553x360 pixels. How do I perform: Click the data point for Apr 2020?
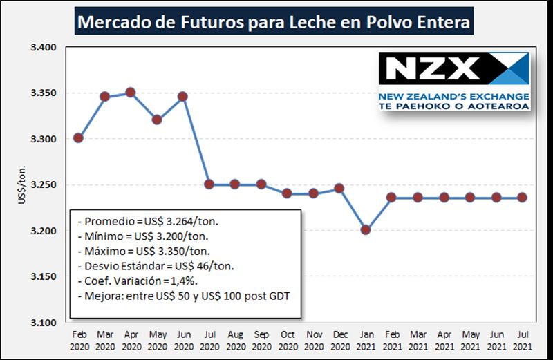pyautogui.click(x=131, y=93)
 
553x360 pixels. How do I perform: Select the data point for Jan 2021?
pyautogui.click(x=366, y=229)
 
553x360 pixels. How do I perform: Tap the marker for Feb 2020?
pyautogui.click(x=78, y=138)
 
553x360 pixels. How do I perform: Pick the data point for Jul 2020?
pyautogui.click(x=209, y=184)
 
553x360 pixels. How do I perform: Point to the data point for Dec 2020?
pyautogui.click(x=339, y=188)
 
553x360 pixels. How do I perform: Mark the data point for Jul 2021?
pyautogui.click(x=523, y=198)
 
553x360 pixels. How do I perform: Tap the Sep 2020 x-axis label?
pyautogui.click(x=261, y=338)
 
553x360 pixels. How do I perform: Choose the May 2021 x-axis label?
pyautogui.click(x=470, y=338)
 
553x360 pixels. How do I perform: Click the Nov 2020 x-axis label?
pyautogui.click(x=313, y=338)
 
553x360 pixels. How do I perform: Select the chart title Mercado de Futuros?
pyautogui.click(x=274, y=22)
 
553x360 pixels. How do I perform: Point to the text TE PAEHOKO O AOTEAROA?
pyautogui.click(x=454, y=106)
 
